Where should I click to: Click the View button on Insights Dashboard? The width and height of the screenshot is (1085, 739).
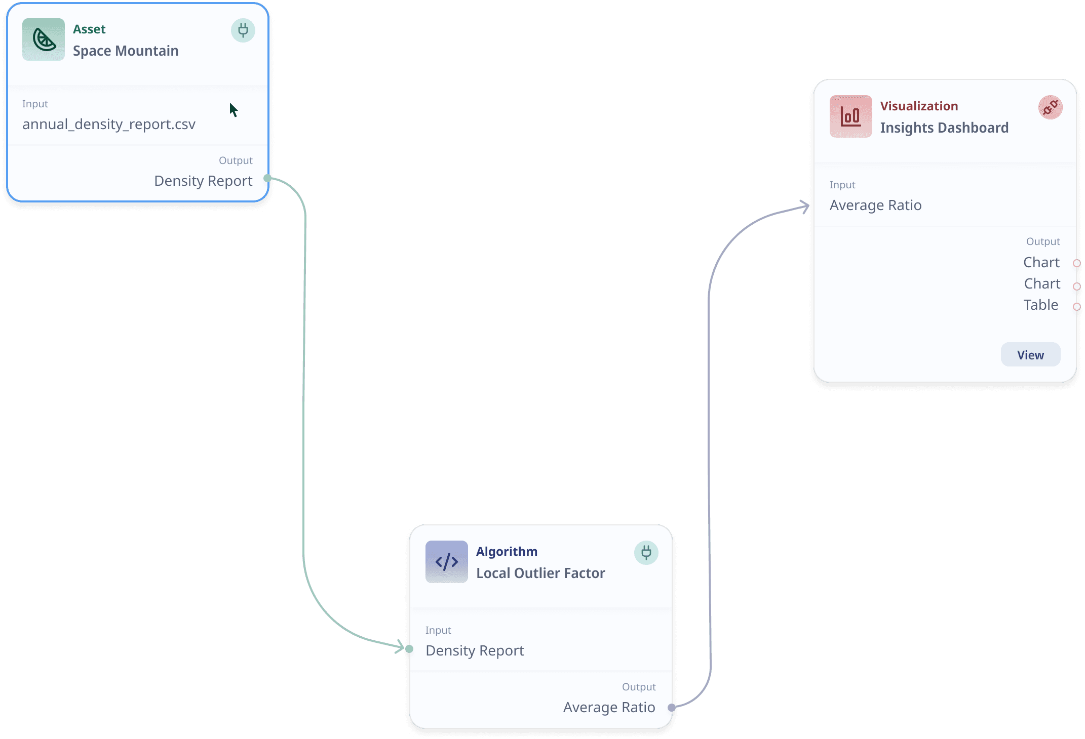[1030, 355]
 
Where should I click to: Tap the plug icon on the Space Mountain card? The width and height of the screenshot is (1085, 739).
[243, 30]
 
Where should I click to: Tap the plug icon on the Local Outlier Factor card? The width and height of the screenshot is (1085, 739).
[646, 553]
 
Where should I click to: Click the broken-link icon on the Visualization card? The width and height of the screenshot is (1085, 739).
[1050, 107]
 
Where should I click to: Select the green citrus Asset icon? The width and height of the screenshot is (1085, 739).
[44, 39]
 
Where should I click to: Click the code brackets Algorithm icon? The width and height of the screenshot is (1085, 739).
[446, 562]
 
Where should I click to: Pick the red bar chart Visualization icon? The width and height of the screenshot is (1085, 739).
[850, 116]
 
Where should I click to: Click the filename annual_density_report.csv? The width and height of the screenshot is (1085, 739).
[109, 125]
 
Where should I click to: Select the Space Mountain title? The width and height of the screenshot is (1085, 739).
[126, 51]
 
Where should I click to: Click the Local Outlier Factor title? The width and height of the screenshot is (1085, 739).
[540, 573]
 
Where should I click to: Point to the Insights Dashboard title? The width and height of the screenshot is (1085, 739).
[944, 128]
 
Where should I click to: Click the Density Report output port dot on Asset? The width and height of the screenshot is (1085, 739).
[267, 178]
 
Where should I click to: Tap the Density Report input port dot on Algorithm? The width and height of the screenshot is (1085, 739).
[409, 649]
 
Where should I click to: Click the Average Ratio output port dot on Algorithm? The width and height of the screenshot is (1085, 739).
[671, 708]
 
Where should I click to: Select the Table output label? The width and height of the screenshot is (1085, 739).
[1040, 305]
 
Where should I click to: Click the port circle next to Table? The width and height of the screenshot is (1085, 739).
[1077, 307]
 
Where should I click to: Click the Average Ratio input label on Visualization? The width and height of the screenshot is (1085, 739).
[875, 206]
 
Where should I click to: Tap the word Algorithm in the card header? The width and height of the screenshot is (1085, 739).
[507, 552]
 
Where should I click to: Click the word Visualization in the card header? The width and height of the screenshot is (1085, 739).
[919, 106]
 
